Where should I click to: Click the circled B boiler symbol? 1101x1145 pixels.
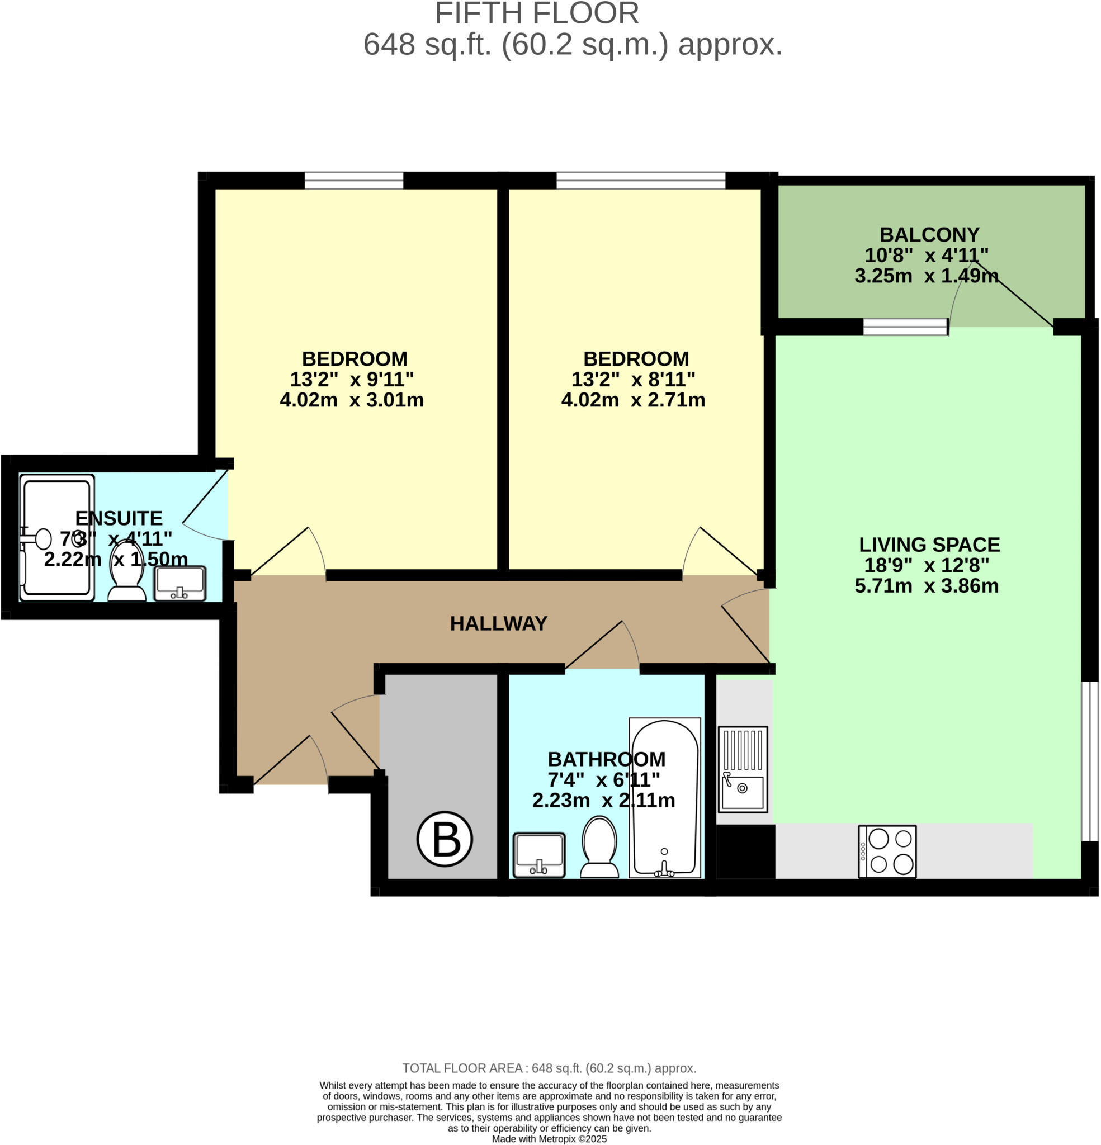click(445, 839)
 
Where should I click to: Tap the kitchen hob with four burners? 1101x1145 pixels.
click(886, 851)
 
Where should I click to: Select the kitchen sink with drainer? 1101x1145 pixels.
click(742, 769)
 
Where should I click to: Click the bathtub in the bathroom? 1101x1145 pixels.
click(664, 797)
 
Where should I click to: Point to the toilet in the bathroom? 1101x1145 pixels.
click(599, 846)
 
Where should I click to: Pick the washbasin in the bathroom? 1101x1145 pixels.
click(539, 855)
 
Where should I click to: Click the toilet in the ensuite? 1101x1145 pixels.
click(127, 571)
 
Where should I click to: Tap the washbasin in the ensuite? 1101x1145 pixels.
click(179, 583)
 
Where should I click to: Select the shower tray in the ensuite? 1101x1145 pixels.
click(56, 537)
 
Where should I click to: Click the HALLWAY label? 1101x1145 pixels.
click(498, 623)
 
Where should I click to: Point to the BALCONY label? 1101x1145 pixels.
click(929, 234)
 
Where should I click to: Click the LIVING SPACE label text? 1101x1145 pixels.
click(929, 545)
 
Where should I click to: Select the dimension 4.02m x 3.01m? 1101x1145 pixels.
click(352, 400)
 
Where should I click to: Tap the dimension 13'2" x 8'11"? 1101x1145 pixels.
click(633, 379)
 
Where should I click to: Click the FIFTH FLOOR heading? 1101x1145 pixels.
click(536, 13)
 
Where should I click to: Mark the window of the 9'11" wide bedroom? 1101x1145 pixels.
click(354, 180)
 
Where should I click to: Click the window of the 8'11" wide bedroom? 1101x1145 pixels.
click(640, 180)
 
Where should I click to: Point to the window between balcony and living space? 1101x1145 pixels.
click(905, 327)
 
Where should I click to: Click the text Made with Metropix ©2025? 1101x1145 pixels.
click(549, 1139)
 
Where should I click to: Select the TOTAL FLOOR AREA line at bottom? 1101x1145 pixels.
click(549, 1068)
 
